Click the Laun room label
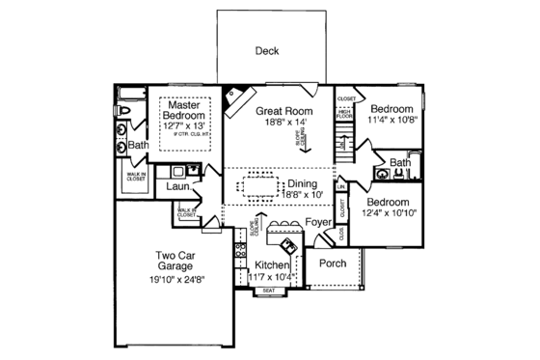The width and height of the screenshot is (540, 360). [175, 185]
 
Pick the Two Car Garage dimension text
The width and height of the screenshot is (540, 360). [175, 280]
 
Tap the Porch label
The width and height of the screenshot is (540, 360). [333, 263]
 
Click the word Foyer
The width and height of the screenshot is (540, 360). [319, 224]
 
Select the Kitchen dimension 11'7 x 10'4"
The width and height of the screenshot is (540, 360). [272, 277]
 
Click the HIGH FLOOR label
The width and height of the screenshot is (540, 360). [343, 117]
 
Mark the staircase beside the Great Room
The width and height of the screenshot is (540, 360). [341, 150]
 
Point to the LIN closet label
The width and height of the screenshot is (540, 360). [341, 185]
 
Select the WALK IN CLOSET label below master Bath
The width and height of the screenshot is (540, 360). [134, 177]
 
